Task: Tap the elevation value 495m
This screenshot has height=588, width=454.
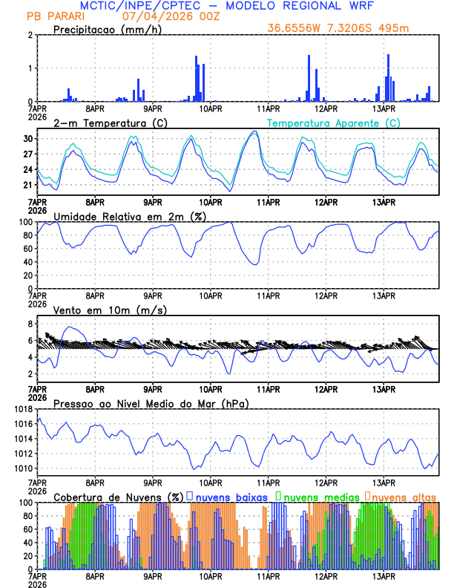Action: [x=395, y=28]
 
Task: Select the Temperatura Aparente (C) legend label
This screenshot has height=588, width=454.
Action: [x=334, y=122]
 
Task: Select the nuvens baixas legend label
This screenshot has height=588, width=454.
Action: [x=232, y=496]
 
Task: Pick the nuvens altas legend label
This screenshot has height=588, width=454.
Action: [x=404, y=496]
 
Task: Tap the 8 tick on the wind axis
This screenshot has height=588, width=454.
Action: [x=30, y=324]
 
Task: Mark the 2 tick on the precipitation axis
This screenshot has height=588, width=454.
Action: [x=30, y=36]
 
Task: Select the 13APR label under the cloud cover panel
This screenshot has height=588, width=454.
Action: [x=384, y=576]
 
